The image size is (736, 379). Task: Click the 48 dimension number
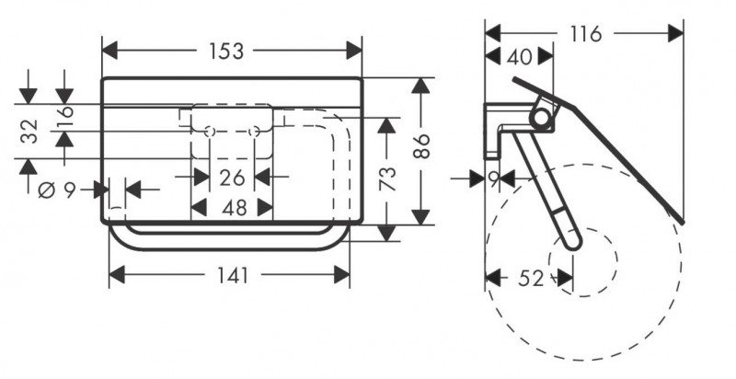click(x=234, y=208)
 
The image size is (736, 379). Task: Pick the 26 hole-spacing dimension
click(x=233, y=176)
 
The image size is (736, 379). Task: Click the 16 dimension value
click(x=63, y=118)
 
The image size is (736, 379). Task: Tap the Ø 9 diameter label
click(x=54, y=190)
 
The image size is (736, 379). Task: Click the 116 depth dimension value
click(x=585, y=35)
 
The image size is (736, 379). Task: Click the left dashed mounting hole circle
click(x=210, y=132)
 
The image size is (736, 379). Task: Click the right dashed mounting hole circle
click(x=253, y=132)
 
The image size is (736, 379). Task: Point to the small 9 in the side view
click(x=494, y=176)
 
